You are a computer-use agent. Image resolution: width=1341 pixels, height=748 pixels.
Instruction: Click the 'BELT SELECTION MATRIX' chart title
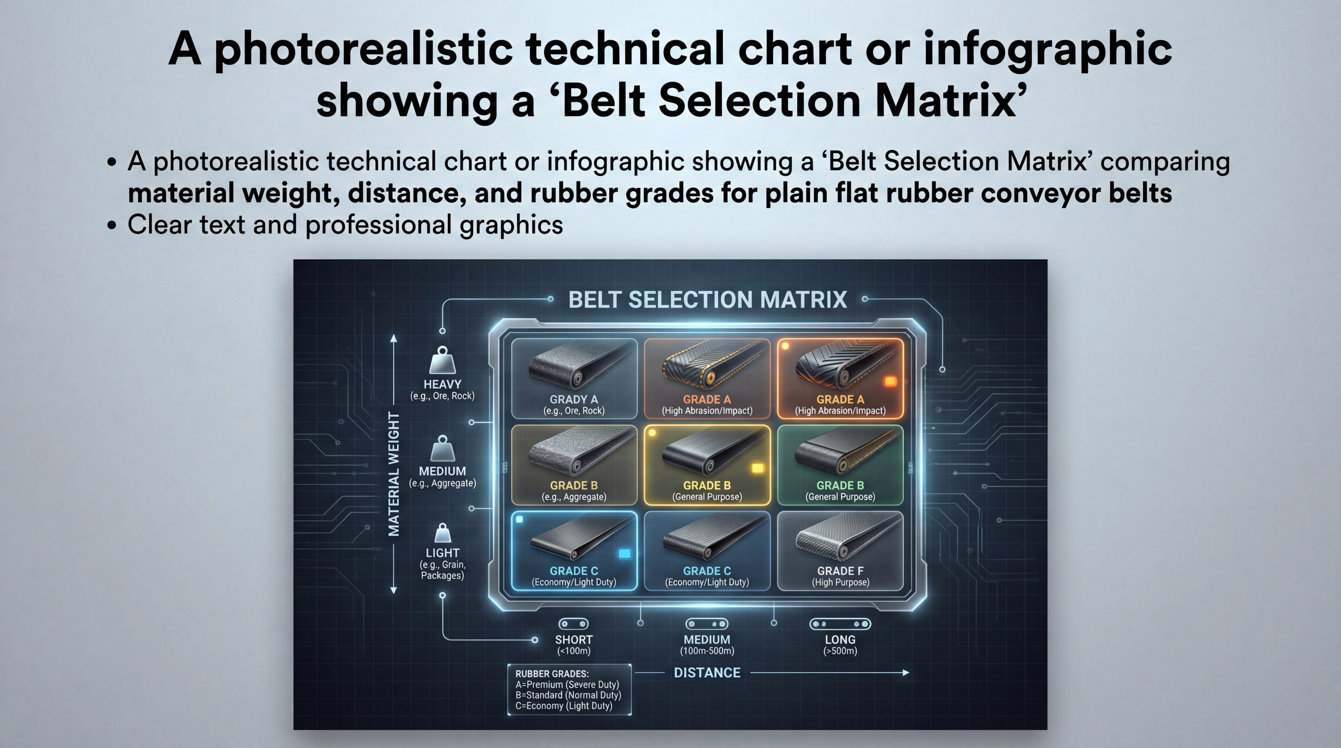tap(707, 300)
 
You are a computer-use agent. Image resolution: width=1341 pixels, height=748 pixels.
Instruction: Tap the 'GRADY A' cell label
tap(574, 400)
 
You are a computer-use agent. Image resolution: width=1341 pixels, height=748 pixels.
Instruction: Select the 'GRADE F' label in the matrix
tap(840, 571)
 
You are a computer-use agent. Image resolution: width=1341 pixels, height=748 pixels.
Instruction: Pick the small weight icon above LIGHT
tap(443, 533)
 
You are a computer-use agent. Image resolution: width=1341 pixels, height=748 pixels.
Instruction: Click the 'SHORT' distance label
tap(574, 640)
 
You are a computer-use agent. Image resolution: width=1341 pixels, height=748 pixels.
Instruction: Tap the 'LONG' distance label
tap(840, 640)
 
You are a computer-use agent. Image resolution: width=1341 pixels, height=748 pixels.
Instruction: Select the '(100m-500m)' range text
tap(707, 651)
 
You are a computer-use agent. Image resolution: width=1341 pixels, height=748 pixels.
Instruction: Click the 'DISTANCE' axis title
tap(707, 672)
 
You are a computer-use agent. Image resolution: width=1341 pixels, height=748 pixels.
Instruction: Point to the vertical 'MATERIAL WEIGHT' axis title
tap(394, 474)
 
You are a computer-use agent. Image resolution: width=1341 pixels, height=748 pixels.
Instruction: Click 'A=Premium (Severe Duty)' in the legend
tap(567, 685)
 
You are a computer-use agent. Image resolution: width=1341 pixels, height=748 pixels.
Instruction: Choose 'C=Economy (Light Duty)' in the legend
tap(564, 706)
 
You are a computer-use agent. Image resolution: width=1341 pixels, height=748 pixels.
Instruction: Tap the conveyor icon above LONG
tap(840, 624)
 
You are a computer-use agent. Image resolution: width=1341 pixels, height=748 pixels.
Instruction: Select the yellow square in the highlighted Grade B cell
tap(758, 468)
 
